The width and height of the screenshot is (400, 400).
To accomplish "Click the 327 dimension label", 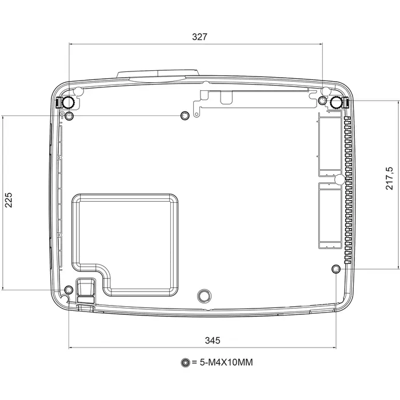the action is pos(199,37).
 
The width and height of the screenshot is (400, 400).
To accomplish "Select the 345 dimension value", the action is pos(213,341).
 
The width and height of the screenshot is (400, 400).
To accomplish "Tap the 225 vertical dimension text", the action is pos(8,200).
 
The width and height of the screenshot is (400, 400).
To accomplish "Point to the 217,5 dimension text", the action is pos(389,178).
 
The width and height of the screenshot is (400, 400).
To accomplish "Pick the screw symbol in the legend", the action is pos(186,362).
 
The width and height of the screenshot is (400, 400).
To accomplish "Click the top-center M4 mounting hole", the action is pos(185,115).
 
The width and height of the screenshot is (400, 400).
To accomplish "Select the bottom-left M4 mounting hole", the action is pos(69,290).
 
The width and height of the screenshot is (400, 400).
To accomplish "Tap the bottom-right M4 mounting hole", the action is pos(336,269).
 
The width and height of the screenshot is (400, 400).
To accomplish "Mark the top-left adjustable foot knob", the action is pos(69,102).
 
